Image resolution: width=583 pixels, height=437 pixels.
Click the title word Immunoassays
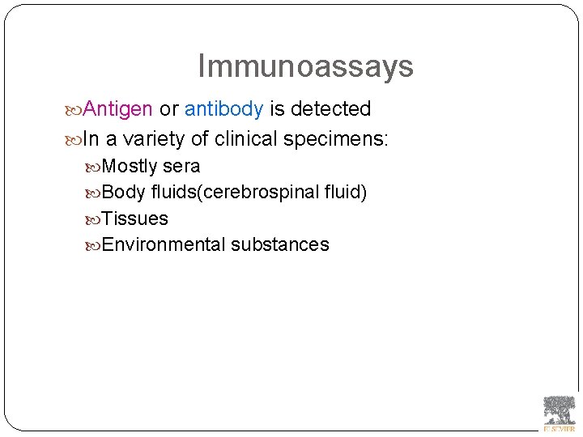(305, 66)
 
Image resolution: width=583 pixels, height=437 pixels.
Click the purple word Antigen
(117, 108)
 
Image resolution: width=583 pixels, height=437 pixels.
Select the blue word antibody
(223, 108)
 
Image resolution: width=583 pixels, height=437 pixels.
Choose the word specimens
(336, 140)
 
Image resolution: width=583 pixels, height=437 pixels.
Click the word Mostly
(130, 167)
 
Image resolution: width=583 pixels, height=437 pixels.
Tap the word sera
(181, 167)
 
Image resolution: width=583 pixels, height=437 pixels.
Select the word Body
(124, 193)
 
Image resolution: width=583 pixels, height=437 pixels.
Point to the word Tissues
(135, 218)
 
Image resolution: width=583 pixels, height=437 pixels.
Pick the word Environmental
(164, 244)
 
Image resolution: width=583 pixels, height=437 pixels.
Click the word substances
(279, 244)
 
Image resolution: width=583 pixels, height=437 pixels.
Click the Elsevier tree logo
(559, 411)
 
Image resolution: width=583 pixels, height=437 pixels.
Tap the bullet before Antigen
(74, 109)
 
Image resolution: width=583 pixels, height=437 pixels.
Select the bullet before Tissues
(96, 219)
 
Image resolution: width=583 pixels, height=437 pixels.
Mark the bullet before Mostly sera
(96, 168)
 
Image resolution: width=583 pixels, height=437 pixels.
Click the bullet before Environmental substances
(96, 245)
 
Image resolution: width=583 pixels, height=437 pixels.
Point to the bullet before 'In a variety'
(74, 140)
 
